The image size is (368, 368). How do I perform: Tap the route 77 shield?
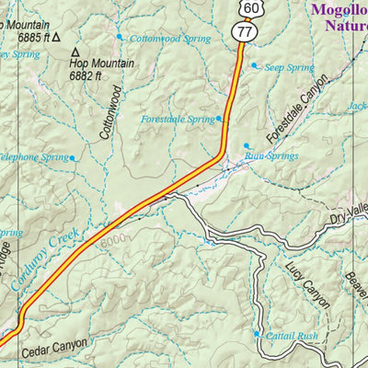(x=244, y=32)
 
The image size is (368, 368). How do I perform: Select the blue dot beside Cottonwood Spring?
(x=119, y=37)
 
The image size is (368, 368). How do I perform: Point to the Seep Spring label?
(x=289, y=67)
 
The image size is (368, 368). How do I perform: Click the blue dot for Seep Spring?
(x=255, y=65)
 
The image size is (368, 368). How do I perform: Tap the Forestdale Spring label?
(x=178, y=120)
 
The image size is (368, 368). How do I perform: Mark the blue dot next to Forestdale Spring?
(x=219, y=119)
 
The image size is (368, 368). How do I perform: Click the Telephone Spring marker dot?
(x=74, y=157)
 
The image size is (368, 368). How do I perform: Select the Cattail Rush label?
(x=292, y=337)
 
